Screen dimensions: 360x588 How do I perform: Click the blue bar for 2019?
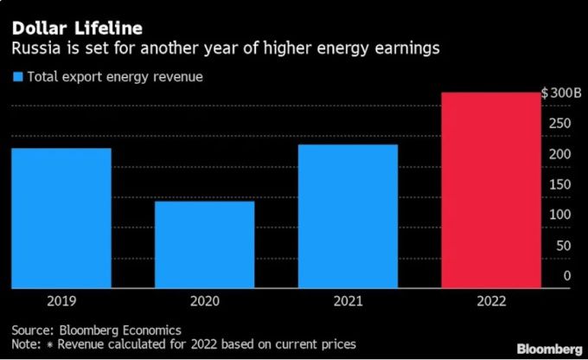tap(61, 218)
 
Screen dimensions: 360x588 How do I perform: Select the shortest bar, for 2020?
tap(204, 245)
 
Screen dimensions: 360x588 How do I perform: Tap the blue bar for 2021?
tap(348, 216)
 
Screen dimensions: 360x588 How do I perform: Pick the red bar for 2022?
tap(490, 190)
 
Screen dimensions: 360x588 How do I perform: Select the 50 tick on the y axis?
tap(563, 246)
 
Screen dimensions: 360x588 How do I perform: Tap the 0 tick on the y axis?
tap(567, 276)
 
